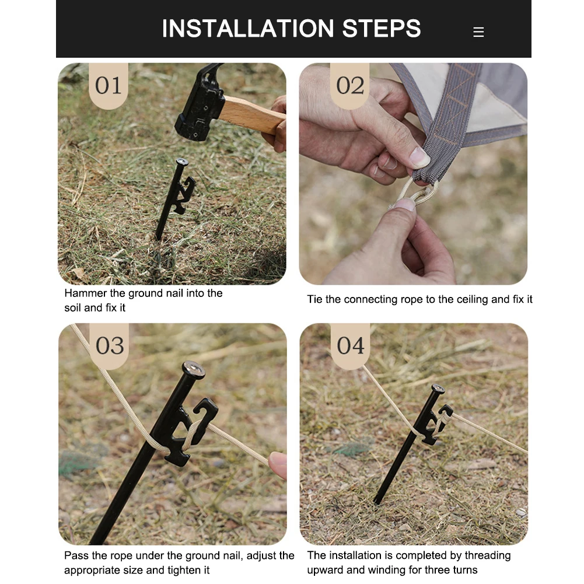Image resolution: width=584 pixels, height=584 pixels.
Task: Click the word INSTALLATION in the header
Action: pyautogui.click(x=248, y=29)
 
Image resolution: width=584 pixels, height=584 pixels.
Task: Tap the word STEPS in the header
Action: pyautogui.click(x=382, y=29)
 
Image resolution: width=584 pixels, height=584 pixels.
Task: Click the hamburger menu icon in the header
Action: pyautogui.click(x=478, y=32)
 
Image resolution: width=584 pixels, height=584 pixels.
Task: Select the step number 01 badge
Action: pyautogui.click(x=109, y=85)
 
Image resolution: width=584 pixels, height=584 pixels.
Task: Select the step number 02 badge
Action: pyautogui.click(x=349, y=85)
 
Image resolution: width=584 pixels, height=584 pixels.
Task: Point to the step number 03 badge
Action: pyautogui.click(x=109, y=345)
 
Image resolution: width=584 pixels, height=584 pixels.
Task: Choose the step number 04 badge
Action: pyautogui.click(x=350, y=345)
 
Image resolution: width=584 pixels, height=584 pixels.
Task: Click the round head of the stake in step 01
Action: pyautogui.click(x=182, y=162)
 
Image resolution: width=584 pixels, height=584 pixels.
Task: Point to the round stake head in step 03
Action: pyautogui.click(x=194, y=369)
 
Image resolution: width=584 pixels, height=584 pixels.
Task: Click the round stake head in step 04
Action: pyautogui.click(x=438, y=389)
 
